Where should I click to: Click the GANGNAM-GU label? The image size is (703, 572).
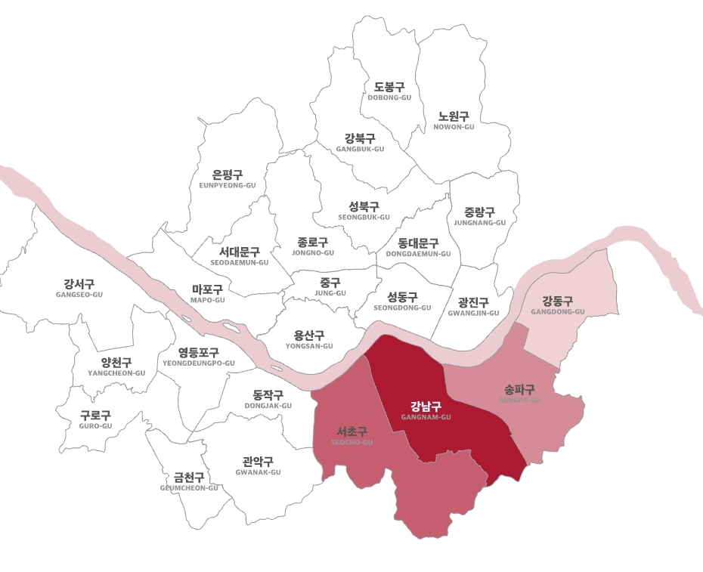coord(425,411)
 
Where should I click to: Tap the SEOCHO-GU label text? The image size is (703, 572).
coord(352,436)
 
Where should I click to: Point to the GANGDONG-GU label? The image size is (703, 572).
coord(558,305)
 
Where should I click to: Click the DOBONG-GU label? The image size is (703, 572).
coord(389,92)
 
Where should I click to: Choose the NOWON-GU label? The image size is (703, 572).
coord(454,121)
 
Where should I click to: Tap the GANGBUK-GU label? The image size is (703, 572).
coord(360,143)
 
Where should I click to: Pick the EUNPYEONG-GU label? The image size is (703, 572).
coord(228,179)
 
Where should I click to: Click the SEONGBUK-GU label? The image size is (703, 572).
coord(364,211)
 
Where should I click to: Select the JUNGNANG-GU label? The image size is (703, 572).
coord(480,217)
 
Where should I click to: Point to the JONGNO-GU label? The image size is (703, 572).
coord(313,247)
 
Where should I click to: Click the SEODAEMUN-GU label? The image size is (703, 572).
coord(240,256)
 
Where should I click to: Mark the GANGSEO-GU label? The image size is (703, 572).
coord(79,289)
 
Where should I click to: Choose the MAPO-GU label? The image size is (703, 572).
coord(208,294)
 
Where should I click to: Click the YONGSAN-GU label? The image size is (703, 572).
coord(309,340)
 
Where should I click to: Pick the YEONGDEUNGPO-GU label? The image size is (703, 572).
coord(199,357)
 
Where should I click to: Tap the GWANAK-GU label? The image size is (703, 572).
coord(258,466)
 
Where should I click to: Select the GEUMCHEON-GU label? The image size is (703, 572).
coord(189,482)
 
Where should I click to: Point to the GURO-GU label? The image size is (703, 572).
coord(95,420)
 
